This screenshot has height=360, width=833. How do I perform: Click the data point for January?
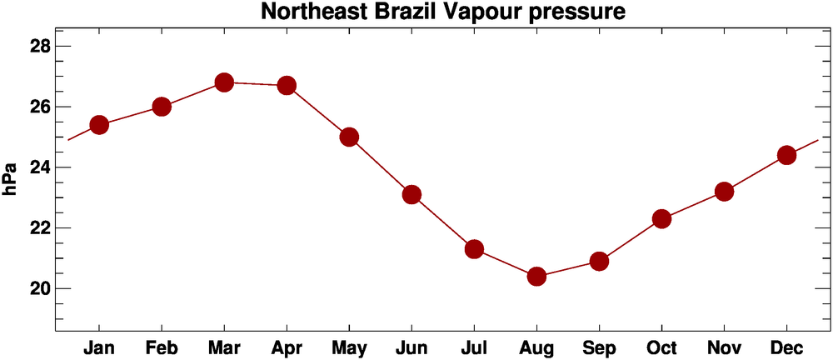(x=99, y=125)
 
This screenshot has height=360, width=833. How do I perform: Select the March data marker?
(x=224, y=82)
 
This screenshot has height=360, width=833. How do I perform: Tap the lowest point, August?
(x=536, y=276)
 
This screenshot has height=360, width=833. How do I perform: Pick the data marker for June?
(x=412, y=194)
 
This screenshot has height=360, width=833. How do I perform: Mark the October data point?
(x=661, y=218)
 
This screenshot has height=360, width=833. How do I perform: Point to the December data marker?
(x=786, y=155)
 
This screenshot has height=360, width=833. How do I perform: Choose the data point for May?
(x=349, y=137)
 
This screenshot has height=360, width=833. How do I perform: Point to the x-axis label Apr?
(x=287, y=347)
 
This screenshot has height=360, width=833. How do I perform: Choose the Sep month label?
(x=599, y=347)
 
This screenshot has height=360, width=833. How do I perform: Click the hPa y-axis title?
(x=10, y=180)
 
